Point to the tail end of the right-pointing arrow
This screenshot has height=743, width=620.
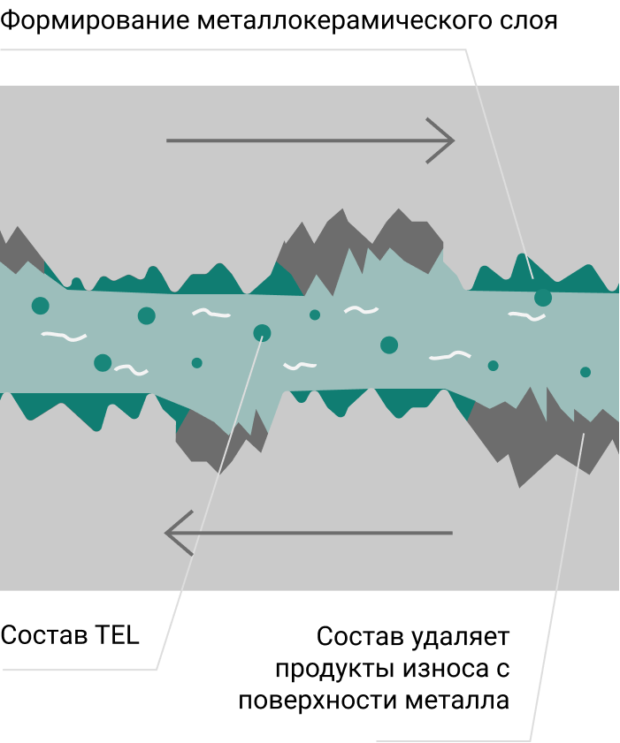coord(168,140)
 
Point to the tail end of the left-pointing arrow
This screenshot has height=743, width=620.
coord(451,533)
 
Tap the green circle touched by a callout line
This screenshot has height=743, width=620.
coord(262,333)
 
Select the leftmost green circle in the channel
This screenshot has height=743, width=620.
coord(40,306)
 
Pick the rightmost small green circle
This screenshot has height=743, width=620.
coord(586,372)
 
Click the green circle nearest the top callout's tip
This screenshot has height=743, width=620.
coord(543,298)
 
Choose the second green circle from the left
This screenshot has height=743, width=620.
coord(103,362)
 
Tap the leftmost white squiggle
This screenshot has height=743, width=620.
coord(64,336)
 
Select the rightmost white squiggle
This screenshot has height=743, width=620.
coord(527,315)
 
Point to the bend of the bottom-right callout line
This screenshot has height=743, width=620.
coord(530,740)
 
